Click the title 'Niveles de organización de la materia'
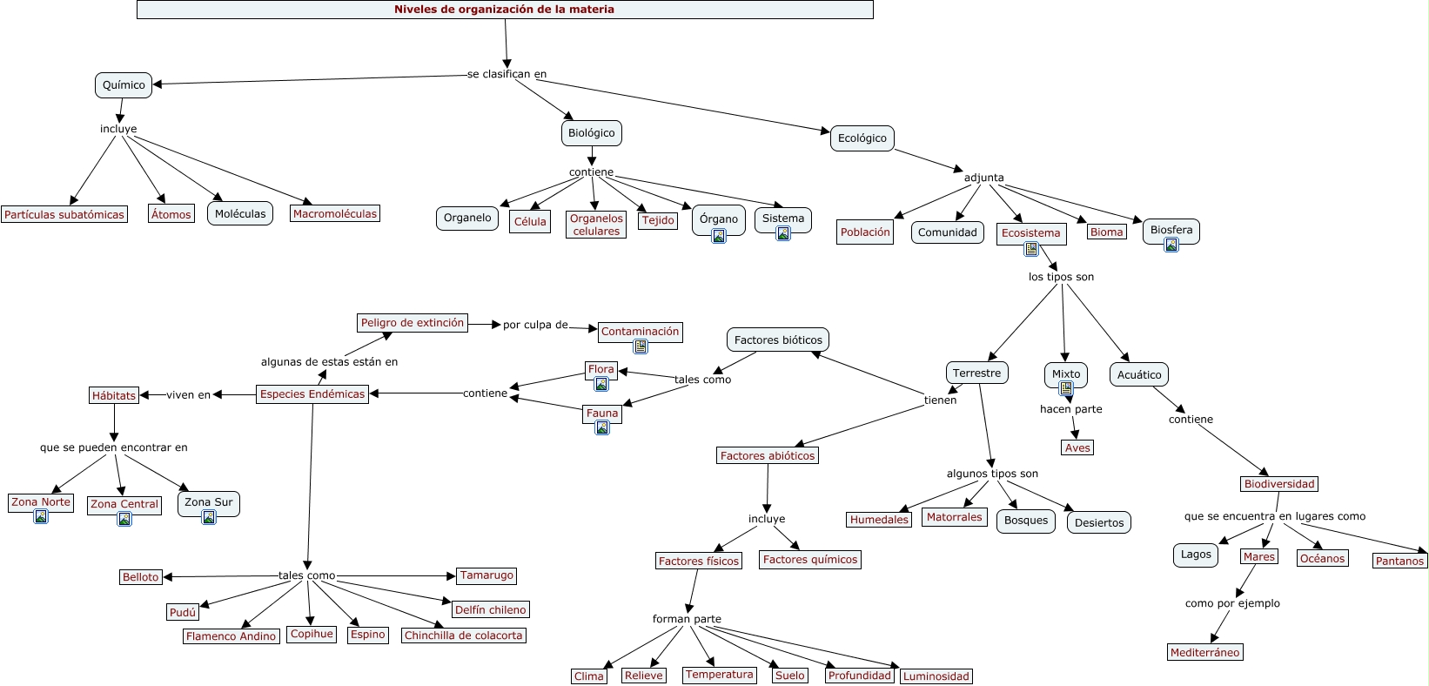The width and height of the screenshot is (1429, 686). click(505, 10)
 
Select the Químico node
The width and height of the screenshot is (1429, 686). click(124, 85)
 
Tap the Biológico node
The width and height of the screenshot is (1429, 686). click(592, 133)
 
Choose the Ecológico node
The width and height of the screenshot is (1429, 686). click(862, 138)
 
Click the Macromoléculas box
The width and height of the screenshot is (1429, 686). click(335, 213)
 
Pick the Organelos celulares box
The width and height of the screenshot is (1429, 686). click(596, 225)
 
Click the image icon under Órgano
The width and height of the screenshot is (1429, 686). click(719, 236)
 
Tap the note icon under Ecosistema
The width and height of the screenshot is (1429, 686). click(1031, 249)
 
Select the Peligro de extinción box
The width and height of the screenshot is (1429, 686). click(413, 323)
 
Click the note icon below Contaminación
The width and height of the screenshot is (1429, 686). click(641, 346)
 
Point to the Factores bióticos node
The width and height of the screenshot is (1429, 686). click(778, 340)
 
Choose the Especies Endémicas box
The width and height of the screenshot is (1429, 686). click(312, 394)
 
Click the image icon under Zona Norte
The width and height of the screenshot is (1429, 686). click(41, 517)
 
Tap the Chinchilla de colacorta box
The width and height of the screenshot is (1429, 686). click(464, 636)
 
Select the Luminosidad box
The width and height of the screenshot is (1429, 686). click(936, 676)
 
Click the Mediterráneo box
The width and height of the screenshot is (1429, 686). click(1205, 653)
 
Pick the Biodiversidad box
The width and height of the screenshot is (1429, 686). click(1279, 484)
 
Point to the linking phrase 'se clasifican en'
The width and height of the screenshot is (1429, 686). click(507, 74)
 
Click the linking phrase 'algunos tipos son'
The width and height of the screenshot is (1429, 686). click(992, 474)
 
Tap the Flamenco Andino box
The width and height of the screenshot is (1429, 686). click(231, 636)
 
